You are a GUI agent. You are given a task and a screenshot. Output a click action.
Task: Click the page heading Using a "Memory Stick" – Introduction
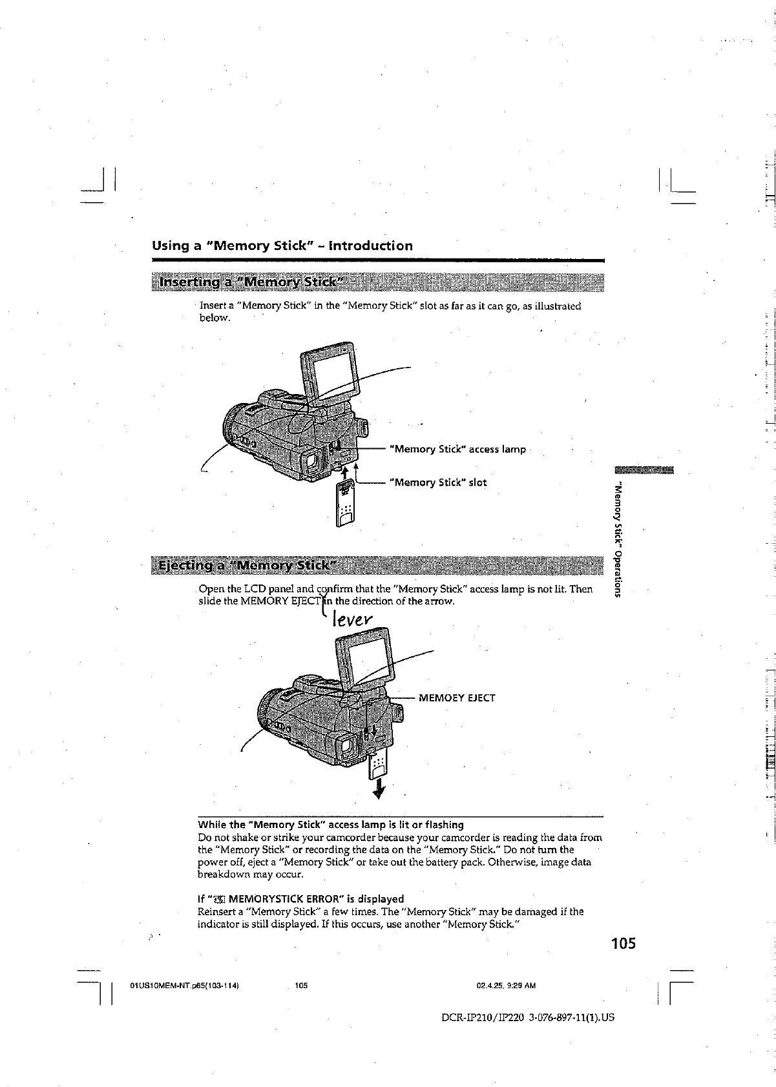tap(282, 246)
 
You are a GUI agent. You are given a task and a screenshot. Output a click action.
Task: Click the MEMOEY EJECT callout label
tap(457, 698)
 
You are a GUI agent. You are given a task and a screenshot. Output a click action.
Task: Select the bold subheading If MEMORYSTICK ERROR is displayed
tap(300, 899)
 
